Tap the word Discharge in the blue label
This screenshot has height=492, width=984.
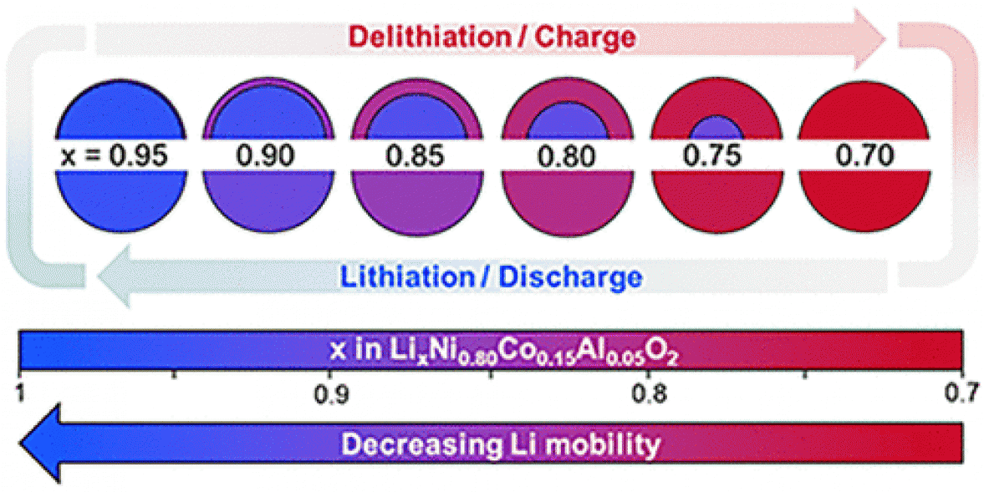click(577, 276)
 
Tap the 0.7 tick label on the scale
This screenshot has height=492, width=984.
click(961, 392)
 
